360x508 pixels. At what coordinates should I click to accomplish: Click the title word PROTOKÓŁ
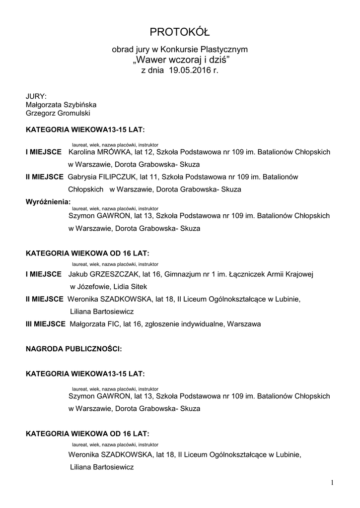point(180,33)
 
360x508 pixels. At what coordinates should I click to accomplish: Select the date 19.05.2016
point(187,71)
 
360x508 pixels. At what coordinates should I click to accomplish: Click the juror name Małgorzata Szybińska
point(61,105)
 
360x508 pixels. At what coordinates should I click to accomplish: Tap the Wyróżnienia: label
point(48,202)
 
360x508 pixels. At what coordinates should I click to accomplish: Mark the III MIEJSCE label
point(45,324)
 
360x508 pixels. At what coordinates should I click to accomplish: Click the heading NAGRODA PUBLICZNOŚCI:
point(73,349)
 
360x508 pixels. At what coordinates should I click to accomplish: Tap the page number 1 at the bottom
point(332,482)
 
